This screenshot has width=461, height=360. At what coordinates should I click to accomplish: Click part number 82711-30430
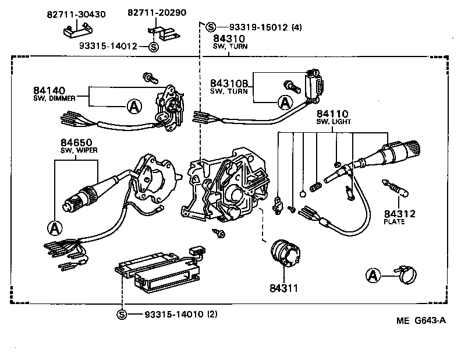click(x=76, y=14)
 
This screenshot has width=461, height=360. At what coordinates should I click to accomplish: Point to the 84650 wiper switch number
click(x=76, y=143)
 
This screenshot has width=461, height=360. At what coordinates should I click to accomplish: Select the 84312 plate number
click(x=399, y=214)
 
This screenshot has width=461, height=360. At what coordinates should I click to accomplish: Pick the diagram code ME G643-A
click(x=422, y=337)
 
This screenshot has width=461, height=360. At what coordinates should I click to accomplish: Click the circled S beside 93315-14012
click(x=153, y=47)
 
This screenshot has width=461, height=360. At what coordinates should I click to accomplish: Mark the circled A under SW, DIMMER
click(x=134, y=105)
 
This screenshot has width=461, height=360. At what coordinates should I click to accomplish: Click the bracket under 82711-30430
click(x=76, y=30)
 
